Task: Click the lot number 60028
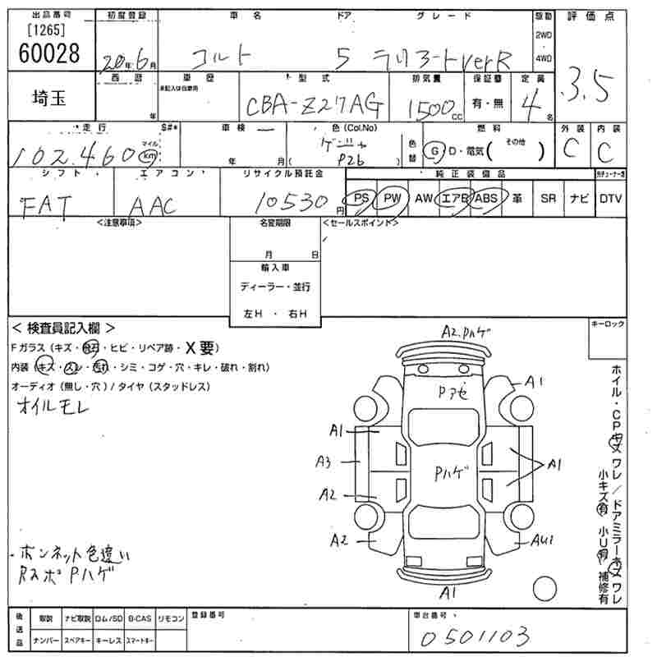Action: pos(48,53)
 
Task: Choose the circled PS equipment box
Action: pos(359,198)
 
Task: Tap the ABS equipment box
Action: pos(486,198)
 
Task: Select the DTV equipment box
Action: pos(610,198)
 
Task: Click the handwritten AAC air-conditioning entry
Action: pos(153,205)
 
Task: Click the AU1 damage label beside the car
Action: pos(542,540)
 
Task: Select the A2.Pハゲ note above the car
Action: pos(466,332)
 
